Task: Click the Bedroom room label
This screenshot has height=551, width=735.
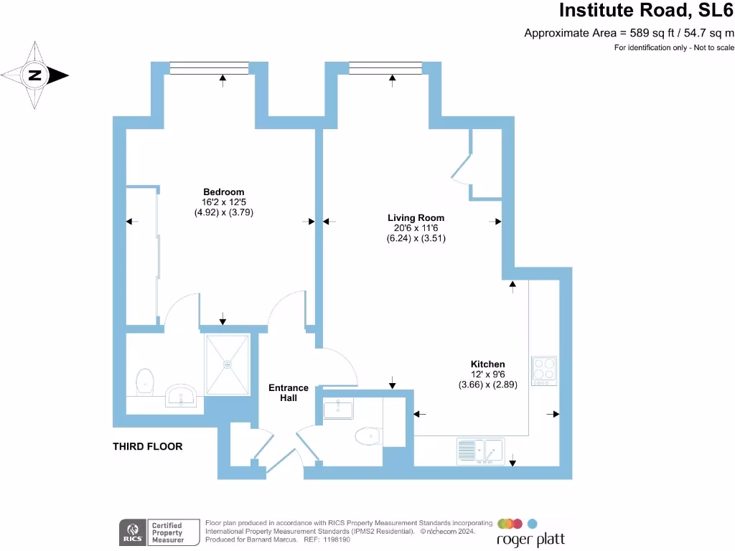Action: pos(223,192)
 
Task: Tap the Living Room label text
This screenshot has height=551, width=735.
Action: pos(416,218)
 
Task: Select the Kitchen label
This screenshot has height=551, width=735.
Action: pos(487,364)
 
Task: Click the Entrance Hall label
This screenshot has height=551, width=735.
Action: pos(289,392)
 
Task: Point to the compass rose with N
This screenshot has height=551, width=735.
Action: pos(34,75)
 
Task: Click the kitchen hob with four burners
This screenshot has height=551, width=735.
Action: pos(543,370)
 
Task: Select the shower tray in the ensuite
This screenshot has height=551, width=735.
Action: pos(228,364)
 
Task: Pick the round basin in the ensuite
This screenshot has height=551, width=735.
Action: pos(182,395)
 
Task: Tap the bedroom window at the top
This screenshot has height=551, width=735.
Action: pos(209,67)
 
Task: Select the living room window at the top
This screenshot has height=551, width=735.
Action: pos(385,67)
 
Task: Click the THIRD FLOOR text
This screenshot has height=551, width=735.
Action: pos(147,446)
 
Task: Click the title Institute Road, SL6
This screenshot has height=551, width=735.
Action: pos(646,11)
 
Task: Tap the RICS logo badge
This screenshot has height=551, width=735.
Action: pos(131,532)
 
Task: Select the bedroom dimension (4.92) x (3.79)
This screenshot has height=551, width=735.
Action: pos(224,212)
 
